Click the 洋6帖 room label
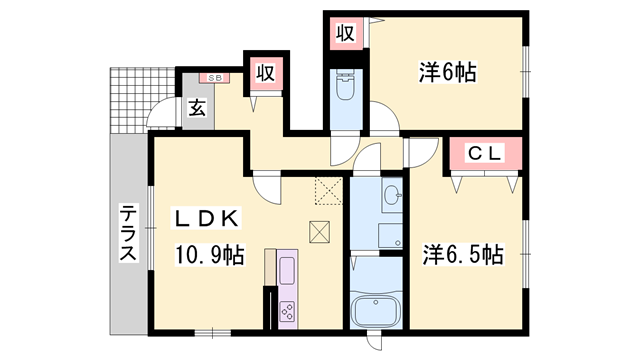[x=446, y=72]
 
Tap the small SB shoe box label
[x=214, y=76]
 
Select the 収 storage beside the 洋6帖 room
[x=344, y=33]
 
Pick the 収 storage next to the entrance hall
[x=265, y=73]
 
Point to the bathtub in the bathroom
[x=375, y=308]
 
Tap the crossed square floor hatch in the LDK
[x=320, y=231]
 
